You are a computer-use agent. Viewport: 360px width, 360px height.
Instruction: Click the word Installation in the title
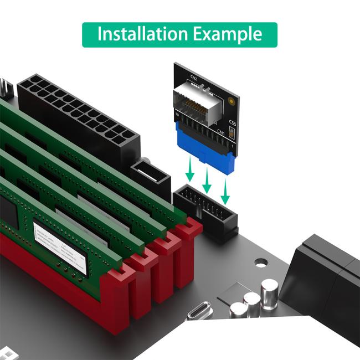[143, 34]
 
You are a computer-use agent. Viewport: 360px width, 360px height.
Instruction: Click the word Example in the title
[228, 34]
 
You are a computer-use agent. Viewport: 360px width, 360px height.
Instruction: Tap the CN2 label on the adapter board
[194, 78]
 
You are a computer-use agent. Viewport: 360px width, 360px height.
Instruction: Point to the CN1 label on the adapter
[220, 132]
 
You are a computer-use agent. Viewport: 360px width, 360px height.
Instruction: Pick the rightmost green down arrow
[225, 192]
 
